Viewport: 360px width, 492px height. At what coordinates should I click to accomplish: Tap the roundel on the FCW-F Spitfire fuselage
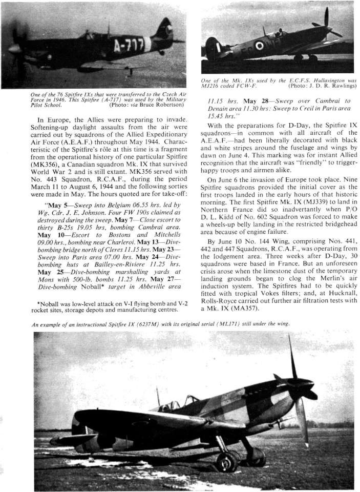click(x=259, y=46)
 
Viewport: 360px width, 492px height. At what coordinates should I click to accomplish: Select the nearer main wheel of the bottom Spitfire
click(x=225, y=461)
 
